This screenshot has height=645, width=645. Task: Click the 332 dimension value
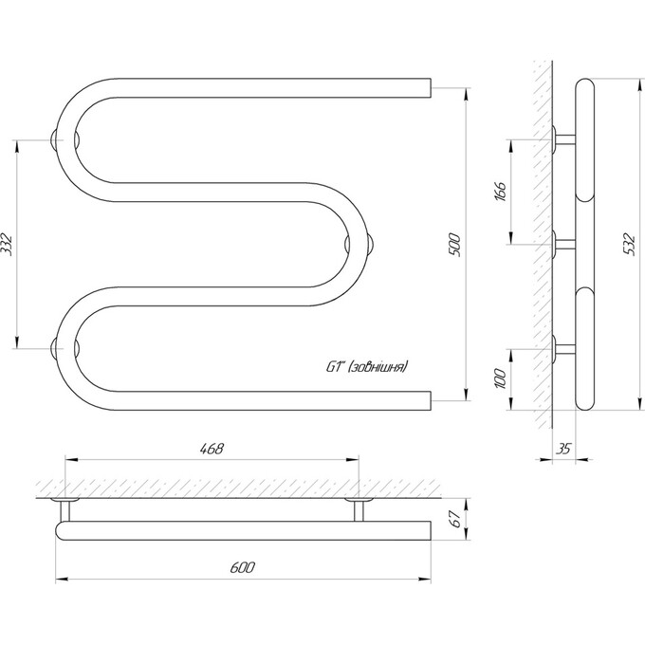tap(8, 245)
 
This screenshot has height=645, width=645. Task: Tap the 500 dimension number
tap(456, 245)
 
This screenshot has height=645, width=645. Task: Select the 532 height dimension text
tap(631, 245)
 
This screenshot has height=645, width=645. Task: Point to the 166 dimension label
tap(500, 192)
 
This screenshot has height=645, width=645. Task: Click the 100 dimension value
tap(500, 378)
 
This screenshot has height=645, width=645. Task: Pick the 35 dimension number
tap(563, 449)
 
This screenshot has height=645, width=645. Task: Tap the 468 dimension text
tap(212, 448)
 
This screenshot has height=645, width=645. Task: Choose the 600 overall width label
tap(242, 567)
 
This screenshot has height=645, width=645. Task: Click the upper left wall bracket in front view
tap(53, 139)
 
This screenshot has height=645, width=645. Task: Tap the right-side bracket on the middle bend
tap(371, 245)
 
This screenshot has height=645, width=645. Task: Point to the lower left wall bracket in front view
tap(53, 348)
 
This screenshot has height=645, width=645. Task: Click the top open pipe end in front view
tap(430, 88)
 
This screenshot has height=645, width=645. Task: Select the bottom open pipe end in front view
tap(430, 400)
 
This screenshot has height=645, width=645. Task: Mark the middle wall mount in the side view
tap(563, 245)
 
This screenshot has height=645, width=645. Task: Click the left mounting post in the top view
tap(65, 509)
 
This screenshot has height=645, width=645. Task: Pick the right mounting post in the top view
tap(359, 509)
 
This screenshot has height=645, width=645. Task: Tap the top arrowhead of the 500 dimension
tap(466, 95)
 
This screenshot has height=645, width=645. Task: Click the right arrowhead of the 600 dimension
tap(425, 580)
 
